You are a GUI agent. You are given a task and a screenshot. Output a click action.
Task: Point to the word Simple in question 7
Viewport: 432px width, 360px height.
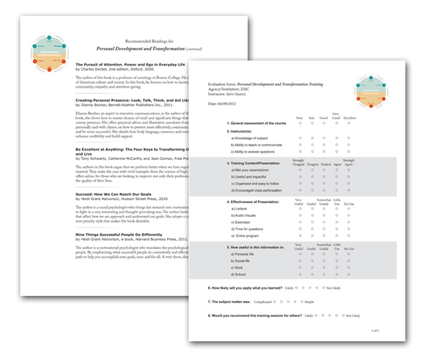click(330, 302)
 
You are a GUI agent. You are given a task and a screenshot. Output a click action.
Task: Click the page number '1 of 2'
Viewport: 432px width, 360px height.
click(375, 330)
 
